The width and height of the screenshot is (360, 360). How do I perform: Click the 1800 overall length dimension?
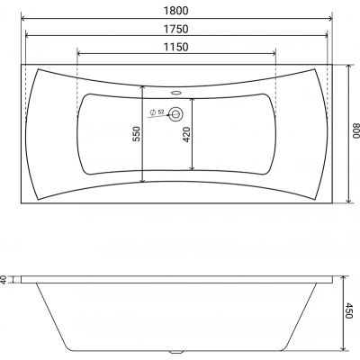(176, 11)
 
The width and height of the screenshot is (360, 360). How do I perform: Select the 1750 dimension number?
(176, 29)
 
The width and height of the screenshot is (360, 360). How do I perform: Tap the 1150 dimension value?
(176, 47)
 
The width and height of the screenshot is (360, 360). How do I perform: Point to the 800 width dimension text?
(355, 132)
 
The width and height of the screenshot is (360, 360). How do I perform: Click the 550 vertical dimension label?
(136, 134)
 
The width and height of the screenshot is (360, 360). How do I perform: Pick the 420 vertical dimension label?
(186, 134)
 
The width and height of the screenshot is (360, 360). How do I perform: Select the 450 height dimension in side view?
(348, 310)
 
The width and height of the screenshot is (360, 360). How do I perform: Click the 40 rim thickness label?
(4, 280)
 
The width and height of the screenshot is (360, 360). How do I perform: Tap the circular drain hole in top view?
(175, 113)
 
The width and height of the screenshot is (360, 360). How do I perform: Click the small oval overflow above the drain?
(175, 93)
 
